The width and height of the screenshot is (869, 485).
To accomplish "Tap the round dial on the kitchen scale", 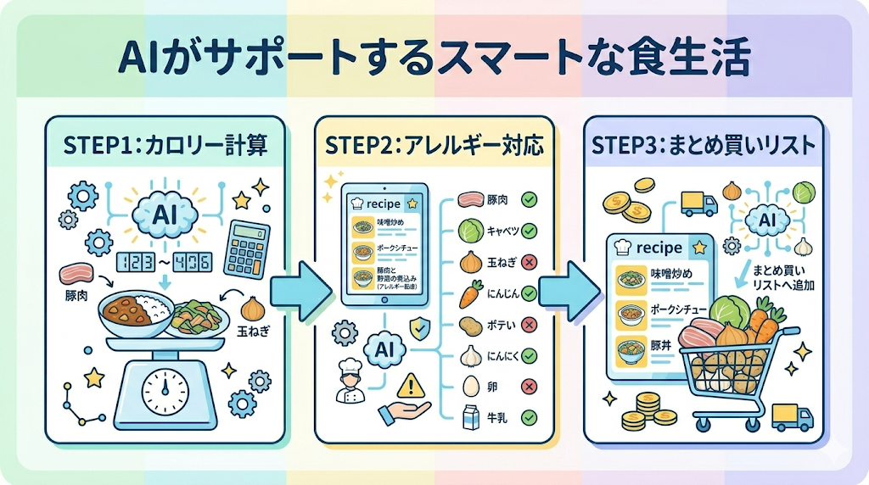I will click(165, 391).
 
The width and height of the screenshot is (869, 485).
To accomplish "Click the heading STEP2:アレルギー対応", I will click(434, 145).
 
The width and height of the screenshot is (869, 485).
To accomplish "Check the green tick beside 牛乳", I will click(528, 416).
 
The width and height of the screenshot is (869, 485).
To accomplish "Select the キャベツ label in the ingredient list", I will click(499, 230).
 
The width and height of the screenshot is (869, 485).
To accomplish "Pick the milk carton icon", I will click(469, 417).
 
